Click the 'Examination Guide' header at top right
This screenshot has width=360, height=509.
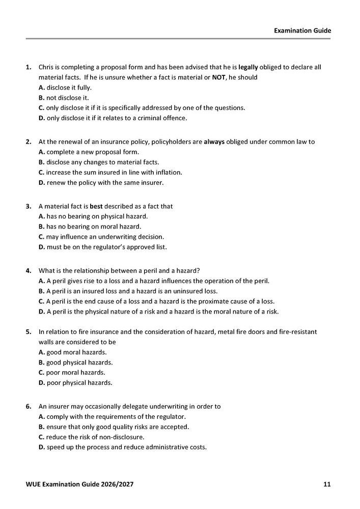click(302, 31)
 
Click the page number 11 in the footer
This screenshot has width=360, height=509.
click(327, 484)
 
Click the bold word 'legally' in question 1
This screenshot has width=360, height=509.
click(248, 67)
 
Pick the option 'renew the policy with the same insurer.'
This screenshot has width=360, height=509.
click(104, 183)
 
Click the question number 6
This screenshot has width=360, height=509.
click(29, 407)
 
